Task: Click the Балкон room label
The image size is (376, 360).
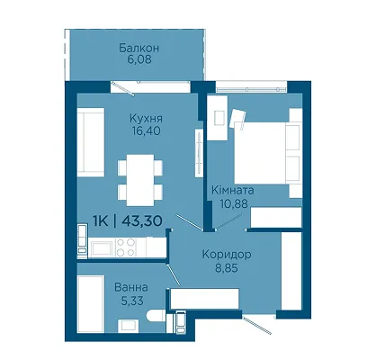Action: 139,48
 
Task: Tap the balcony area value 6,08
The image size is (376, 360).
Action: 139,59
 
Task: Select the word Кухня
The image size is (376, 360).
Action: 146,119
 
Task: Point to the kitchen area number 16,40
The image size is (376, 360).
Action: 146,130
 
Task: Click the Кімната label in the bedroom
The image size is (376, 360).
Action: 233,191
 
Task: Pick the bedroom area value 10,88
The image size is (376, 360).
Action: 234,203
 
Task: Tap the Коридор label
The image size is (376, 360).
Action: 227,255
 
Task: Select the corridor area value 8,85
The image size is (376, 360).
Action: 227,267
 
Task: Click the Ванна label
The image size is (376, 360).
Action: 131,287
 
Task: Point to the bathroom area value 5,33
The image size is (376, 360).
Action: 132,301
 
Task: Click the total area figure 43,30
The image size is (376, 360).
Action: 142,221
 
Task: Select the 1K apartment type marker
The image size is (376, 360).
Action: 101,221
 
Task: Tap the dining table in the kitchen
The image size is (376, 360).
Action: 140,180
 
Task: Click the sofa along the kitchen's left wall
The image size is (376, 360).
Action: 91,142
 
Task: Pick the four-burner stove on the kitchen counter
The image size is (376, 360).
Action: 126,247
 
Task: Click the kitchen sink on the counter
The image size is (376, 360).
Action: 102,248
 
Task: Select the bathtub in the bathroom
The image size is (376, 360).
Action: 91,304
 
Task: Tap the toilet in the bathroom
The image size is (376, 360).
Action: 157,316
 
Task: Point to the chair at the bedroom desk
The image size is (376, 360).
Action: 237,119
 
